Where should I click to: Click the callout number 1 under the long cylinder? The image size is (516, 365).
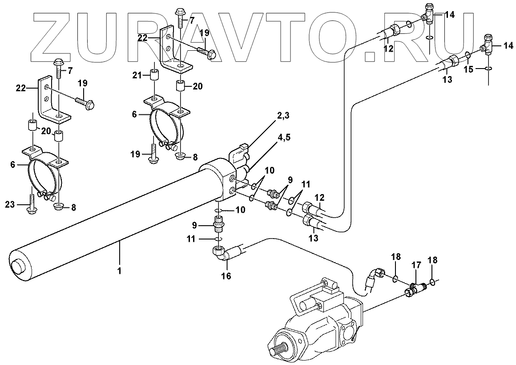coord(119,270)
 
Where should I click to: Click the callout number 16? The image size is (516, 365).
coord(226,276)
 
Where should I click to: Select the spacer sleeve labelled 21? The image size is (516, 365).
coord(154,75)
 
